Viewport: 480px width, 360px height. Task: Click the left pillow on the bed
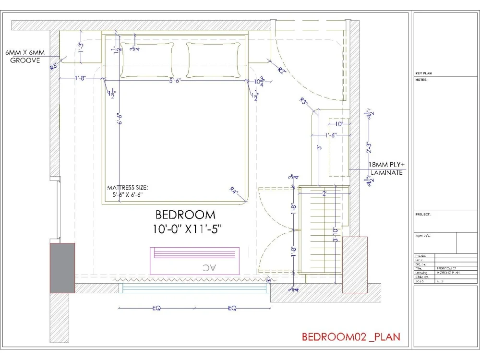147,60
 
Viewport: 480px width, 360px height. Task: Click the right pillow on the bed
213,60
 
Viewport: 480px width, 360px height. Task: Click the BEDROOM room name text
185,215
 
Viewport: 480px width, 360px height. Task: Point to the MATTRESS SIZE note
128,191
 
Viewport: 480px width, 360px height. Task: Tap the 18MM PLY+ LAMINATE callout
385,168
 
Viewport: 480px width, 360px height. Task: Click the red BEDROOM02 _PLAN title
350,337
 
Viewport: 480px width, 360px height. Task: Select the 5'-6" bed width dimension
178,81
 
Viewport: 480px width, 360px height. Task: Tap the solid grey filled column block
62,268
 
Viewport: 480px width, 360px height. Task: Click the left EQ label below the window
156,309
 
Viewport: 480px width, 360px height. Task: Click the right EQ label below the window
232,309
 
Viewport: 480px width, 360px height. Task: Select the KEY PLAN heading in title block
424,73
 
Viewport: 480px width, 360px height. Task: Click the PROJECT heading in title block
423,215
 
